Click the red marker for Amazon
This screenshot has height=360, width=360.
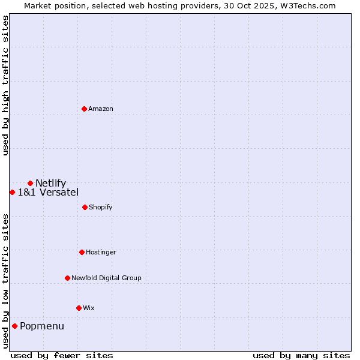85,109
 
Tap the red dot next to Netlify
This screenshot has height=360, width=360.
30,183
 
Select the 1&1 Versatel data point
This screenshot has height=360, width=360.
12,192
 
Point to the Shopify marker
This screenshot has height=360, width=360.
85,207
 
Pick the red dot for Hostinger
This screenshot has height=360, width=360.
82,252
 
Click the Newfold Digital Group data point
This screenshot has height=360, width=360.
67,278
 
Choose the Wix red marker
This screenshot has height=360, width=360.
79,308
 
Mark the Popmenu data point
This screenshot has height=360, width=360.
14,326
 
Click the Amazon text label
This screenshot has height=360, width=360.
101,109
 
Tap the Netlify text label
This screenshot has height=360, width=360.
51,183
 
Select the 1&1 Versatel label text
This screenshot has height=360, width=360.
48,192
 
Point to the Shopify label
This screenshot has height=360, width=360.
101,207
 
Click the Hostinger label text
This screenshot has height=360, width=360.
101,252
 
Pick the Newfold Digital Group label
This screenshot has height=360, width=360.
107,278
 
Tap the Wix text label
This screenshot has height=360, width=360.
89,308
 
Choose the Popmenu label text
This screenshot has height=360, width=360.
42,326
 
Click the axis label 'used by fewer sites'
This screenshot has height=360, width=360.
62,355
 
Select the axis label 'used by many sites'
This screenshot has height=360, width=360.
301,355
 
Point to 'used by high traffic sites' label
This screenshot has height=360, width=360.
5,85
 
